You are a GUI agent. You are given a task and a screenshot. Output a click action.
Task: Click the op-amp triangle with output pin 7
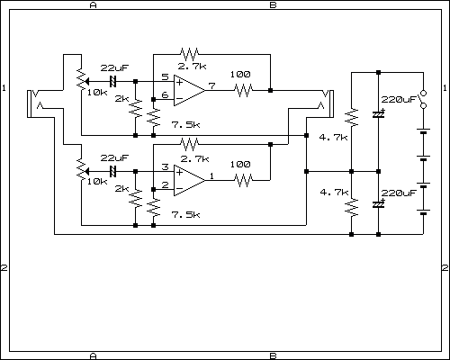(x=189, y=90)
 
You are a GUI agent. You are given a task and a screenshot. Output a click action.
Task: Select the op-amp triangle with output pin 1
(x=189, y=180)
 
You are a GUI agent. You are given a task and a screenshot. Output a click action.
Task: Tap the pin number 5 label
(x=165, y=76)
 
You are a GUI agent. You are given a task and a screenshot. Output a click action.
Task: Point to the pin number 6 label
(x=165, y=95)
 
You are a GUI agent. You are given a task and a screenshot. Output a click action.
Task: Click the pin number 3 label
(x=165, y=166)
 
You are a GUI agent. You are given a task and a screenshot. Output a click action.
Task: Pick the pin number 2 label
(x=165, y=185)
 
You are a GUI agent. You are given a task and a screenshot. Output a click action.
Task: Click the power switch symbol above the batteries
(x=423, y=99)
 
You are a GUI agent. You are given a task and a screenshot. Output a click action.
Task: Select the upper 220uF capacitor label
(x=399, y=100)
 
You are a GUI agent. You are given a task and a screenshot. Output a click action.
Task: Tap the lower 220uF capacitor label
(x=399, y=193)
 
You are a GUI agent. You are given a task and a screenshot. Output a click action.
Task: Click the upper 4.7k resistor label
(x=333, y=138)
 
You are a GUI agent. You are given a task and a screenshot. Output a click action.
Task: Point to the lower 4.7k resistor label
(x=334, y=192)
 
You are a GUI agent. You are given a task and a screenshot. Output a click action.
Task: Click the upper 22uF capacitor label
(x=114, y=67)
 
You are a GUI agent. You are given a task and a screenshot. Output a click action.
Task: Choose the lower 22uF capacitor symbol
(x=112, y=171)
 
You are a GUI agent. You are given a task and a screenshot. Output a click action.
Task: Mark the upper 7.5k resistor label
(x=185, y=124)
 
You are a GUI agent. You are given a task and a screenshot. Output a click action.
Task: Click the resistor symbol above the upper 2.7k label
(x=189, y=54)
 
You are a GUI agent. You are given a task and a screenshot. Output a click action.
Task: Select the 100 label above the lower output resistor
(x=240, y=165)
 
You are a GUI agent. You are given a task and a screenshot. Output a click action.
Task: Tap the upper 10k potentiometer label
(x=97, y=93)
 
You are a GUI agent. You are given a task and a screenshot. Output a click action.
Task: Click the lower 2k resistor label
(x=121, y=189)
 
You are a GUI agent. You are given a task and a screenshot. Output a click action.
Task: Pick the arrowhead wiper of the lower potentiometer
(x=86, y=171)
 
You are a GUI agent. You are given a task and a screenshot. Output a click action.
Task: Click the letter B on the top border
(x=273, y=5)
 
